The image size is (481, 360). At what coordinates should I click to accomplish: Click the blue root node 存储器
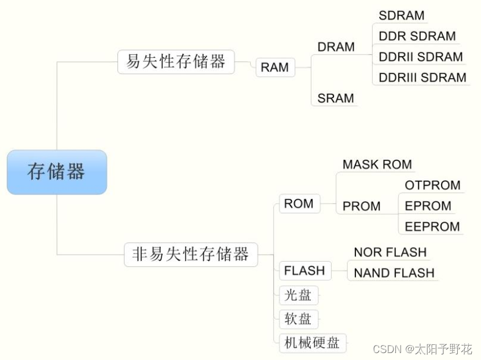pyautogui.click(x=57, y=172)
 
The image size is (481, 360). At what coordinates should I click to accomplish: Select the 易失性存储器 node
pyautogui.click(x=176, y=61)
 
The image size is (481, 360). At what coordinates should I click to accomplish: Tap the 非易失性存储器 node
pyautogui.click(x=190, y=254)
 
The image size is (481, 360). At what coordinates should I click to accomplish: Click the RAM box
pyautogui.click(x=275, y=67)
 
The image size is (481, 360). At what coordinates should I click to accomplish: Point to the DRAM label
pyautogui.click(x=336, y=47)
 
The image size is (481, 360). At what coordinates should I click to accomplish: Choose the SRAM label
pyautogui.click(x=336, y=98)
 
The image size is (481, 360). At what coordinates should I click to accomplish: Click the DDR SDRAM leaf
pyautogui.click(x=417, y=36)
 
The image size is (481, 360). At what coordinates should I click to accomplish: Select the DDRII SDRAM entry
pyautogui.click(x=420, y=57)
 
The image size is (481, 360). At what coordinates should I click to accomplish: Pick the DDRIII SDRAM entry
pyautogui.click(x=422, y=77)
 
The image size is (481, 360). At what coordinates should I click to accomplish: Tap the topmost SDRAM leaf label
pyautogui.click(x=401, y=16)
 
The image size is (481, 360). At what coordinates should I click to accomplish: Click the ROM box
pyautogui.click(x=299, y=204)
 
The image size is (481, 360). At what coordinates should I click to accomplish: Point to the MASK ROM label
pyautogui.click(x=377, y=164)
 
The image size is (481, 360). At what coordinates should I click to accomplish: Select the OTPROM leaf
pyautogui.click(x=432, y=185)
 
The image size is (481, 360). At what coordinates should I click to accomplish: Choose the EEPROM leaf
pyautogui.click(x=432, y=226)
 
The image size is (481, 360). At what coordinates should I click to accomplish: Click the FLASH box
pyautogui.click(x=304, y=270)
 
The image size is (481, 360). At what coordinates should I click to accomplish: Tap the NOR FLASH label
pyautogui.click(x=390, y=252)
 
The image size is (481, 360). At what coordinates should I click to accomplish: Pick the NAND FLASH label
pyautogui.click(x=394, y=273)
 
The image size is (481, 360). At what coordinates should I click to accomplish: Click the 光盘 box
pyautogui.click(x=298, y=295)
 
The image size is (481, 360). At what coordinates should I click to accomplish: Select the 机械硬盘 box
pyautogui.click(x=312, y=343)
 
